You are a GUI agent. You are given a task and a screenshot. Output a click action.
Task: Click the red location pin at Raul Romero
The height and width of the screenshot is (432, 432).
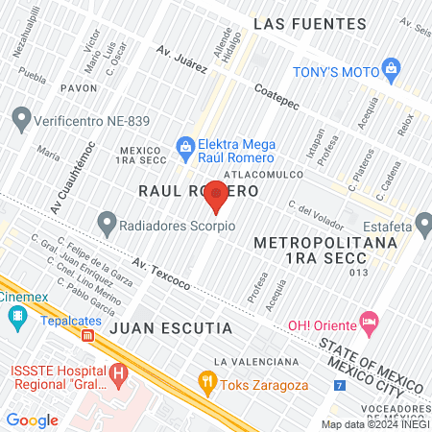point(217,195)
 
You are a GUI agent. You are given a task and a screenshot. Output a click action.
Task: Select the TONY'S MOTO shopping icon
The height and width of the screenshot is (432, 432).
point(391,68)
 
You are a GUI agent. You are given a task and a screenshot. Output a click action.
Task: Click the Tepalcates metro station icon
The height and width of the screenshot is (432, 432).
point(87,336)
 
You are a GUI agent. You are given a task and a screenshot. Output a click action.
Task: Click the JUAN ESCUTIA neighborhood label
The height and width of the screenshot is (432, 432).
point(171,328)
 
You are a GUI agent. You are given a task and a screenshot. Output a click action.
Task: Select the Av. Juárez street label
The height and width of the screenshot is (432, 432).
point(181,61)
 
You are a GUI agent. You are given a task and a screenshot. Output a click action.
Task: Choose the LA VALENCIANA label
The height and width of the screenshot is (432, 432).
point(257,361)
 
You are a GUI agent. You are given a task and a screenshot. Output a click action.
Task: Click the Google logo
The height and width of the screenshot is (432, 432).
point(33,420)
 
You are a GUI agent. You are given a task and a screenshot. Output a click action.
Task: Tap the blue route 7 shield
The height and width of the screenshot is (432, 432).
point(339,386)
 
